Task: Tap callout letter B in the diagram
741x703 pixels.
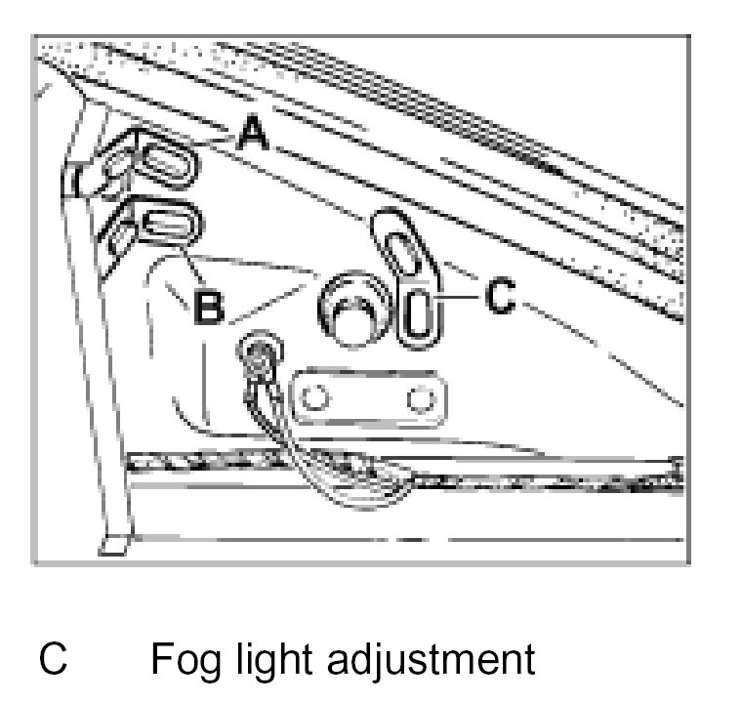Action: tap(209, 307)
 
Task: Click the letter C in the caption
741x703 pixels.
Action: tap(54, 659)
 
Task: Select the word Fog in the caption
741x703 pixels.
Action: tap(185, 661)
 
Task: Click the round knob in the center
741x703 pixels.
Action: tap(350, 307)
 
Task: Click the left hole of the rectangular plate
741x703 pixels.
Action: tap(314, 399)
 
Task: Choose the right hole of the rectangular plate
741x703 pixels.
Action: tap(420, 399)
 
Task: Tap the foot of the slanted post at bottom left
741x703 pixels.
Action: tap(114, 542)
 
